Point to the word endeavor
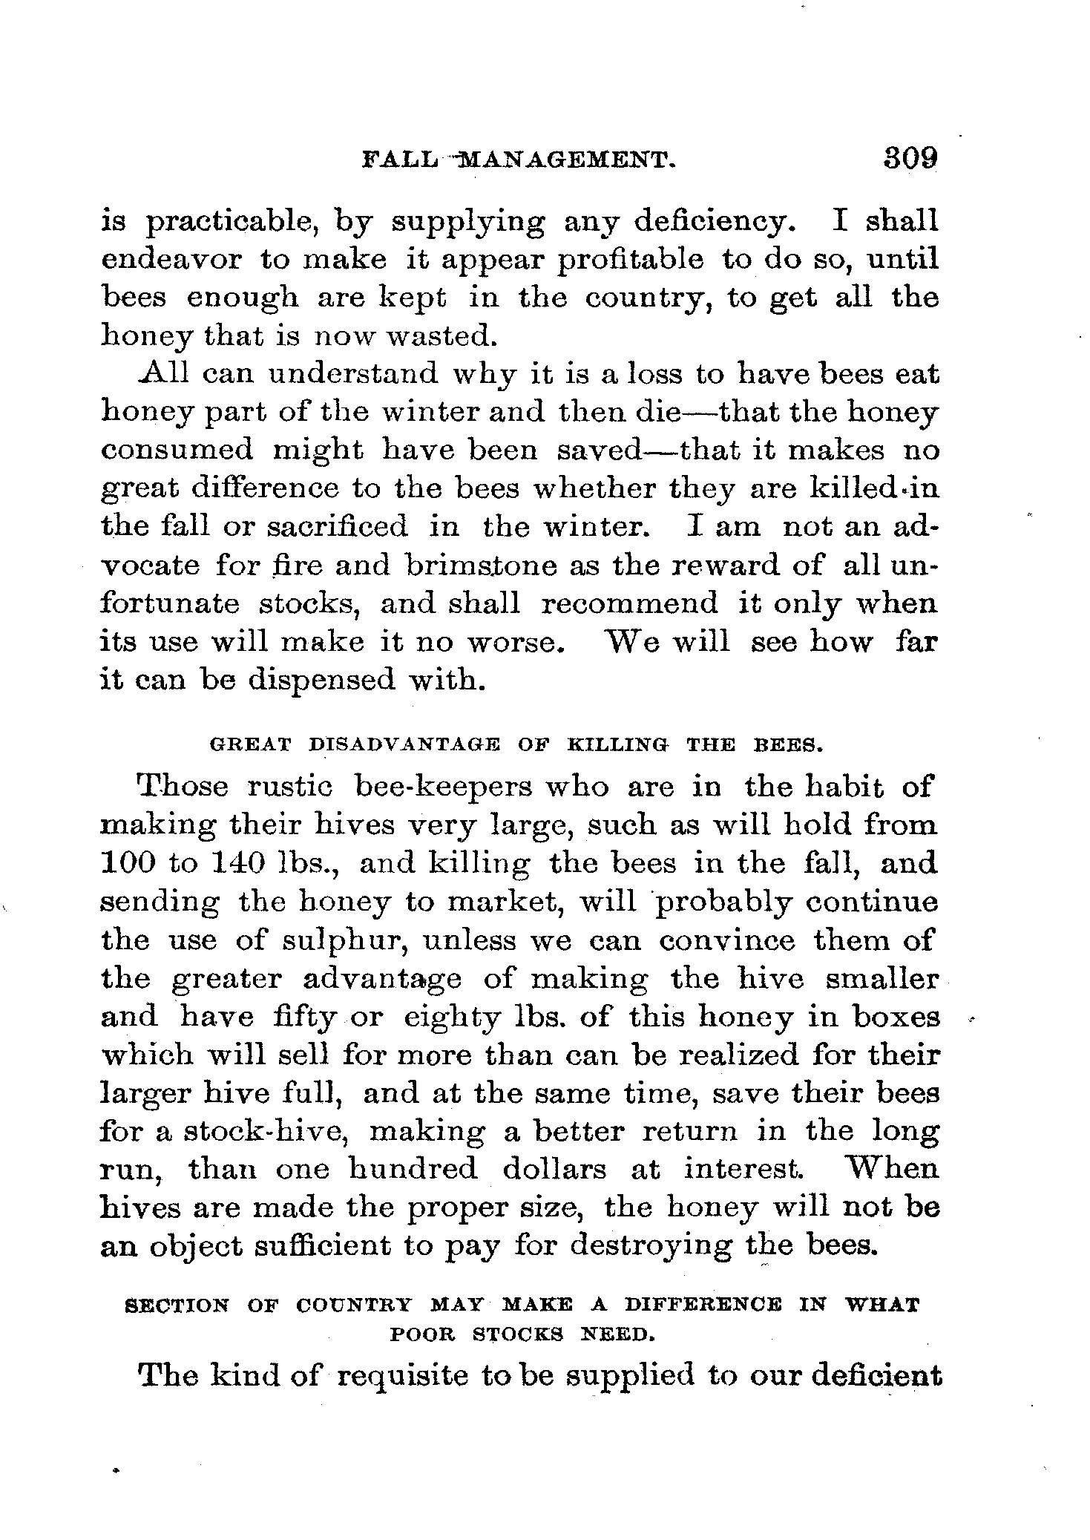171,259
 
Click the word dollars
554,1170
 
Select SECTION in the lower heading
178,1305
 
